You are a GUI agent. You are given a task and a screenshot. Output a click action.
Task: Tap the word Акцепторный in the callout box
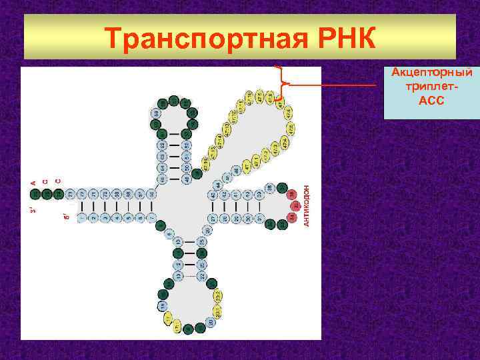click(x=431, y=72)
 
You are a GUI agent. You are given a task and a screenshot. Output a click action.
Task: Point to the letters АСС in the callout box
click(x=431, y=101)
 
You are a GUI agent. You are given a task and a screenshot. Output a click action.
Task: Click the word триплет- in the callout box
click(x=431, y=87)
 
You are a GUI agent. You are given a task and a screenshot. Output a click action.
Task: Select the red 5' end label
click(x=65, y=217)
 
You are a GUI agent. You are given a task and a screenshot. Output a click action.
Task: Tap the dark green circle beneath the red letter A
click(x=35, y=194)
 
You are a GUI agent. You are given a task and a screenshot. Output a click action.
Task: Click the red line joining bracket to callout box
click(x=333, y=85)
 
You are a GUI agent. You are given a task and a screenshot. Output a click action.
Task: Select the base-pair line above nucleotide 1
click(x=82, y=206)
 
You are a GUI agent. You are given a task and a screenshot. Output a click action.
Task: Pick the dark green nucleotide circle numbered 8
click(x=161, y=227)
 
